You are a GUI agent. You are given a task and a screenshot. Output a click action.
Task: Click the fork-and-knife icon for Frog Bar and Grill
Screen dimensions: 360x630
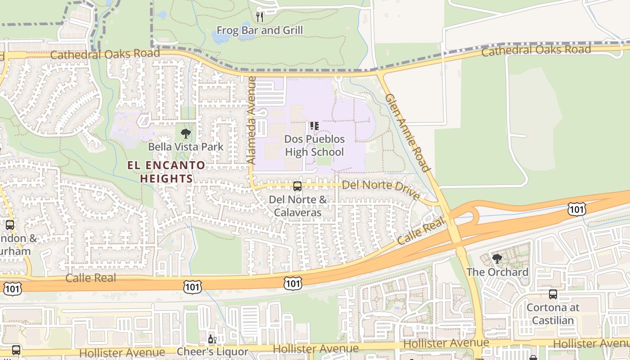tap(260, 17)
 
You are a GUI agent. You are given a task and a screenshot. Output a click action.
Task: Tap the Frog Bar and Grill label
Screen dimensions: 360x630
tap(260, 31)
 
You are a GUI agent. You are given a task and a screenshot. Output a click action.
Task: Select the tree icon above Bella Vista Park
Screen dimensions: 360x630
tap(185, 133)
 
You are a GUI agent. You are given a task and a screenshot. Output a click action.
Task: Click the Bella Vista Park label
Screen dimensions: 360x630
tap(186, 147)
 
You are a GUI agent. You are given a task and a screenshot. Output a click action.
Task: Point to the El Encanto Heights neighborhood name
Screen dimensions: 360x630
tap(166, 172)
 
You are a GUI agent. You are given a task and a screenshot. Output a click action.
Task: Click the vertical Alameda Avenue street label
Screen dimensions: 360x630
tap(252, 120)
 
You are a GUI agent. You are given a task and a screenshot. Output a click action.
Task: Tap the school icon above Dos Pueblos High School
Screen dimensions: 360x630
tap(314, 126)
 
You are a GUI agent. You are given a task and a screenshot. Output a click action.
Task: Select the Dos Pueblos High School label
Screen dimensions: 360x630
tap(314, 145)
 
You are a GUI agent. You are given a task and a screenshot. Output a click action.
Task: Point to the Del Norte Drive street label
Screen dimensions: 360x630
tap(381, 189)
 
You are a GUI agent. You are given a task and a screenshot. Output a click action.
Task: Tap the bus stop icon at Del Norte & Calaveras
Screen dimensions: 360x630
tap(297, 186)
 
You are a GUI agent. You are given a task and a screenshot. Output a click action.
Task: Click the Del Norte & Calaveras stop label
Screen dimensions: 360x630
tap(297, 206)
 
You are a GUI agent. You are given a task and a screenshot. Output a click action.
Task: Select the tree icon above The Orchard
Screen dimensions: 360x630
tap(497, 258)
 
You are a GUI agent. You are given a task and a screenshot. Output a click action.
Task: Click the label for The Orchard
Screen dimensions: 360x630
tap(497, 272)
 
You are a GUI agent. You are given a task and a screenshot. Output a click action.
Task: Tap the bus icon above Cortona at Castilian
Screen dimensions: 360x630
tap(553, 294)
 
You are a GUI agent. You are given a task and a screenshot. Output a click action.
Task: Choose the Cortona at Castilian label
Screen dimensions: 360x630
tap(553, 314)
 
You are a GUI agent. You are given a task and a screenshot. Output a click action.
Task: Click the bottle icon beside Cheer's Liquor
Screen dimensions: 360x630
tap(211, 339)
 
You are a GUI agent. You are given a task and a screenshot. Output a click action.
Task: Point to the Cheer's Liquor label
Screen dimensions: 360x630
tap(212, 351)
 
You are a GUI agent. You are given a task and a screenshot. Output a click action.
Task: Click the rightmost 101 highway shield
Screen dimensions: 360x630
tap(576, 208)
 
